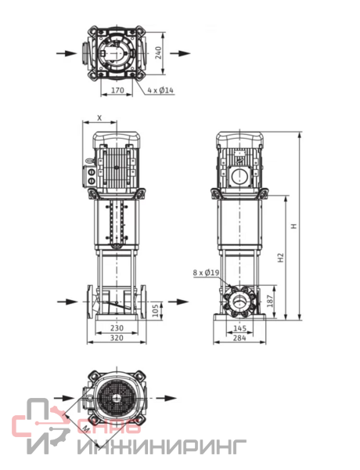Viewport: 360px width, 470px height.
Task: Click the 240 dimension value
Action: [158, 52]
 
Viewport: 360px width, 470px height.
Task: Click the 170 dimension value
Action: [117, 90]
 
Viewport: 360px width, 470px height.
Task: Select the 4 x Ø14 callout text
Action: [160, 90]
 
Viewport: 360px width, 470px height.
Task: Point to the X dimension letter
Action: [99, 117]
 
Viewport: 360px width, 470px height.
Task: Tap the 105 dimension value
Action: [155, 311]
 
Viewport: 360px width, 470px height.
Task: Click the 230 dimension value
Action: [117, 327]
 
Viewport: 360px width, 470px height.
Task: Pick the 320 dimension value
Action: [117, 338]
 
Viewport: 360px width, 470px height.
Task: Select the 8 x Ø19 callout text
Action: [207, 273]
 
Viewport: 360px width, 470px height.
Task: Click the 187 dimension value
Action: [270, 301]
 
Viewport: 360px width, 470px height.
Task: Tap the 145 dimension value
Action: [239, 328]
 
